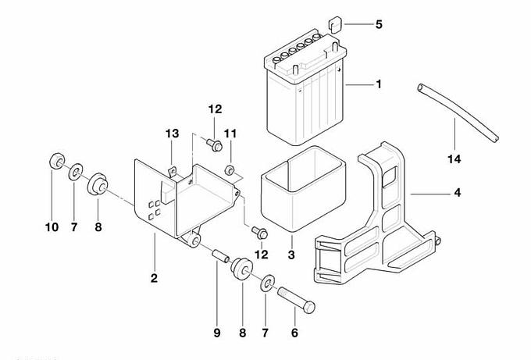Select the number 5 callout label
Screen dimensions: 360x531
(x=379, y=25)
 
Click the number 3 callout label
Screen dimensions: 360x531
(x=291, y=255)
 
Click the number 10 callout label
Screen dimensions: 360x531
(x=51, y=227)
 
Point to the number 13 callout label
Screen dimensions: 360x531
(x=172, y=133)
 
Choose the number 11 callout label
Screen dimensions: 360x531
(x=230, y=134)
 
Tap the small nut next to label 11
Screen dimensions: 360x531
(x=230, y=170)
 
